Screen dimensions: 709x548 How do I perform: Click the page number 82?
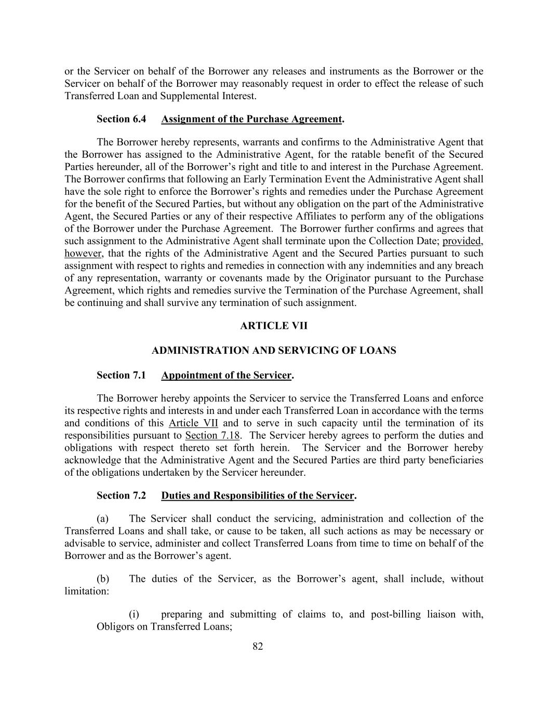pyautogui.click(x=258, y=646)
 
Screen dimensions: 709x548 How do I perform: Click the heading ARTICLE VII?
pyautogui.click(x=274, y=326)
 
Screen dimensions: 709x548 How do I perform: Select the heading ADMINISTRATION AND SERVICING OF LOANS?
pyautogui.click(x=274, y=351)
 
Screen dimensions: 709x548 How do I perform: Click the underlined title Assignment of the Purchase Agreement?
pyautogui.click(x=251, y=119)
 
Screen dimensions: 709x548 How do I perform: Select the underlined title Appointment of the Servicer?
pyautogui.click(x=226, y=375)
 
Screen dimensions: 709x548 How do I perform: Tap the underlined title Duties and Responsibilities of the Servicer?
pyautogui.click(x=258, y=496)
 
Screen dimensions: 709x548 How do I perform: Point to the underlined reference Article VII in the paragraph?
pyautogui.click(x=193, y=423)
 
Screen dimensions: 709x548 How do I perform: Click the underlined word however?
pyautogui.click(x=83, y=253)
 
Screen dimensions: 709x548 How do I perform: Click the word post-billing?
pyautogui.click(x=395, y=614)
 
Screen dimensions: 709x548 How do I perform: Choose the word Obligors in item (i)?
pyautogui.click(x=115, y=626)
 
